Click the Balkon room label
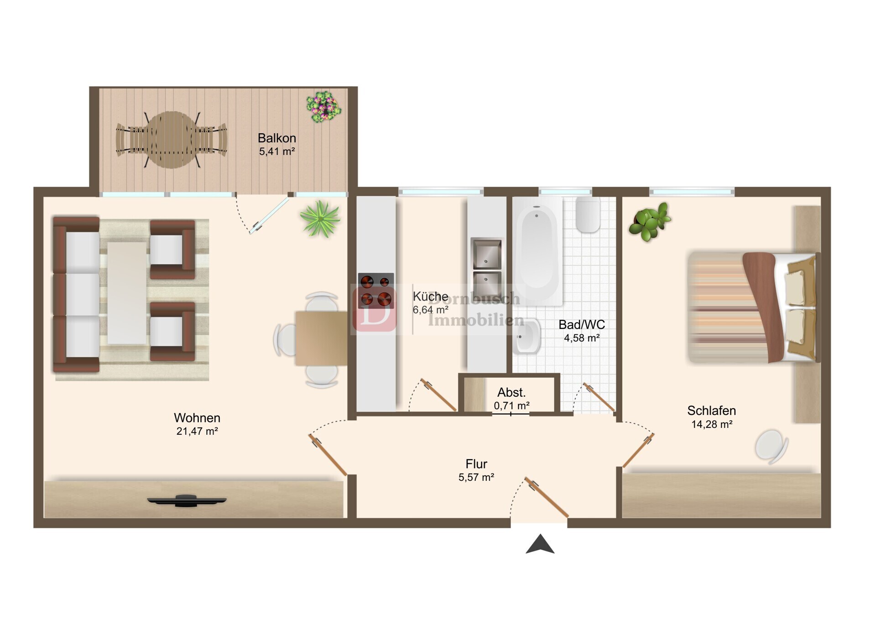pyautogui.click(x=276, y=138)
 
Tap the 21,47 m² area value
pyautogui.click(x=197, y=431)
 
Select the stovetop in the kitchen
pyautogui.click(x=376, y=291)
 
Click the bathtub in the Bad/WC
pyautogui.click(x=538, y=251)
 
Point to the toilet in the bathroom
pyautogui.click(x=588, y=214)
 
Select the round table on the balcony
pyautogui.click(x=172, y=140)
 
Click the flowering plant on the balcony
pyautogui.click(x=323, y=107)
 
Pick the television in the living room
pyautogui.click(x=187, y=500)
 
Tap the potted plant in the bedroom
pyautogui.click(x=650, y=222)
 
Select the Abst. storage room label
pyautogui.click(x=511, y=392)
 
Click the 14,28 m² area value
pyautogui.click(x=712, y=424)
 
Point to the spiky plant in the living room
pyautogui.click(x=320, y=219)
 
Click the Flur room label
pyautogui.click(x=476, y=464)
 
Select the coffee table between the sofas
pyautogui.click(x=127, y=293)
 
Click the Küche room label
pyautogui.click(x=430, y=296)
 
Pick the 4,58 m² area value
pyautogui.click(x=582, y=338)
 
